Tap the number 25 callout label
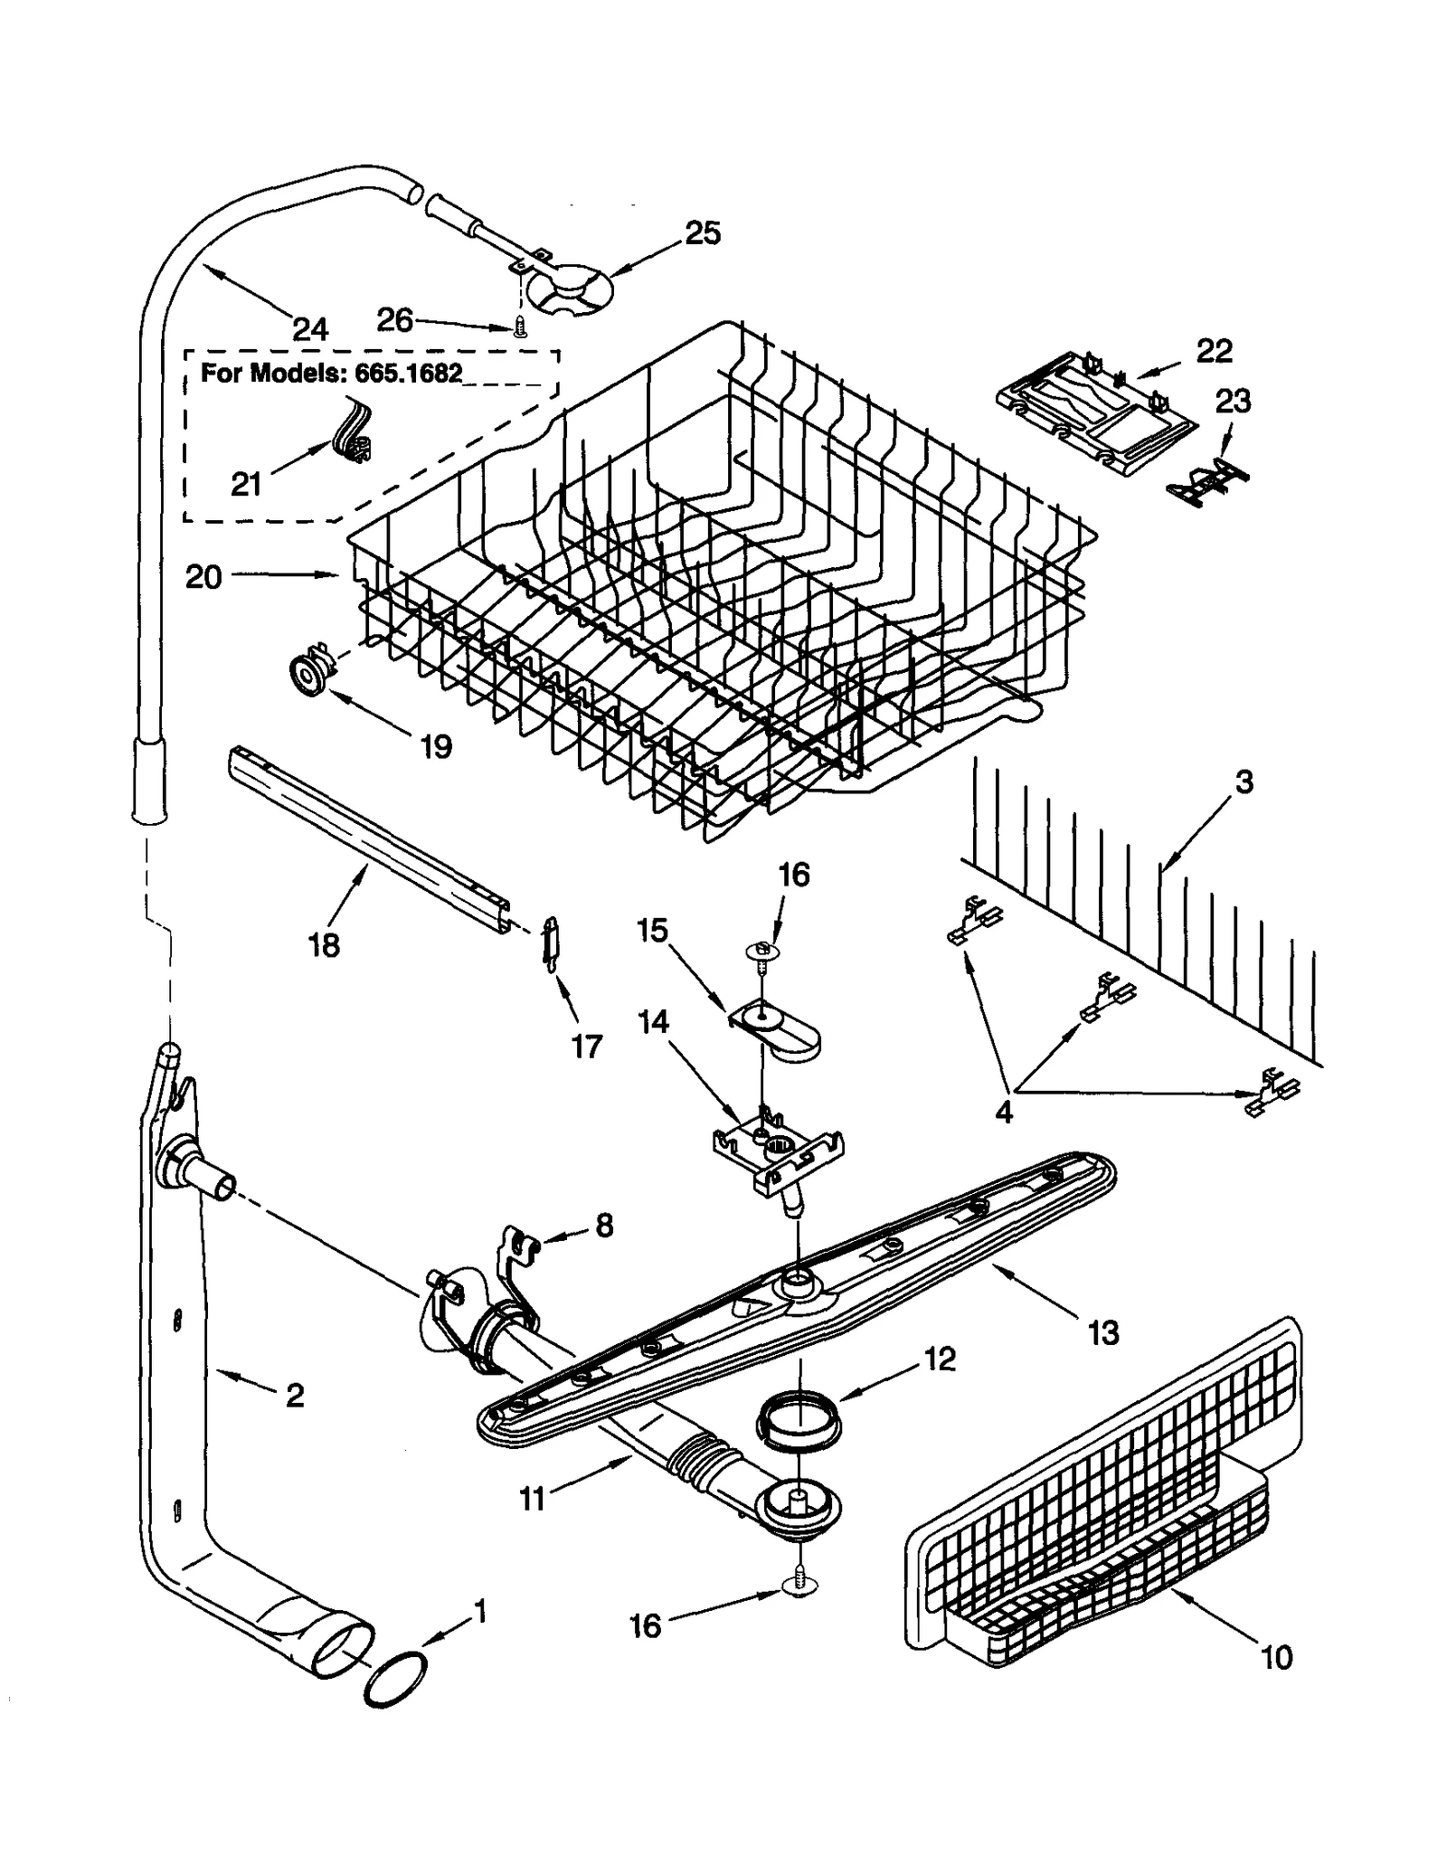[702, 233]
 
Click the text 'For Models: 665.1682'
[331, 373]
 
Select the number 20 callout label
[203, 577]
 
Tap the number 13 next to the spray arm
[1103, 1332]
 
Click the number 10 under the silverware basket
[1276, 1657]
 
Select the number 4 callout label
[1004, 1112]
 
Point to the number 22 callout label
[1214, 351]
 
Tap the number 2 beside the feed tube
[295, 1396]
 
